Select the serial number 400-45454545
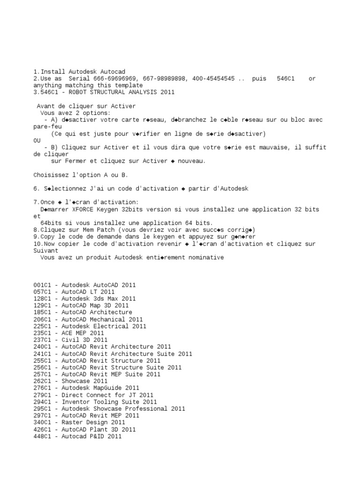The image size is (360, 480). (213, 79)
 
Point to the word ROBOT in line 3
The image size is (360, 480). (71, 92)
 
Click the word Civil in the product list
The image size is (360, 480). (71, 340)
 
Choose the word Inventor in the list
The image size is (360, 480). (76, 402)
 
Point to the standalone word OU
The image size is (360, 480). (37, 141)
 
